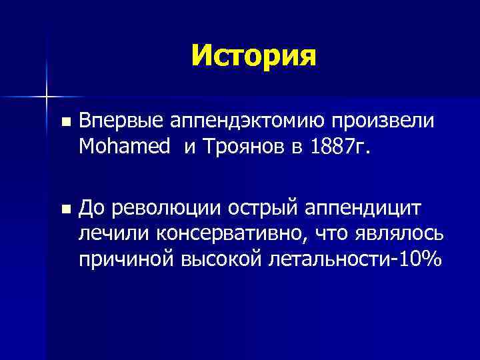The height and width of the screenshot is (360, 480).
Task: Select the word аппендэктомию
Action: point(231,121)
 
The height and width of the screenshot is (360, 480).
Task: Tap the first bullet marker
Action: point(64,122)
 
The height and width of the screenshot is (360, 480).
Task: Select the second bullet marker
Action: point(64,209)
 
